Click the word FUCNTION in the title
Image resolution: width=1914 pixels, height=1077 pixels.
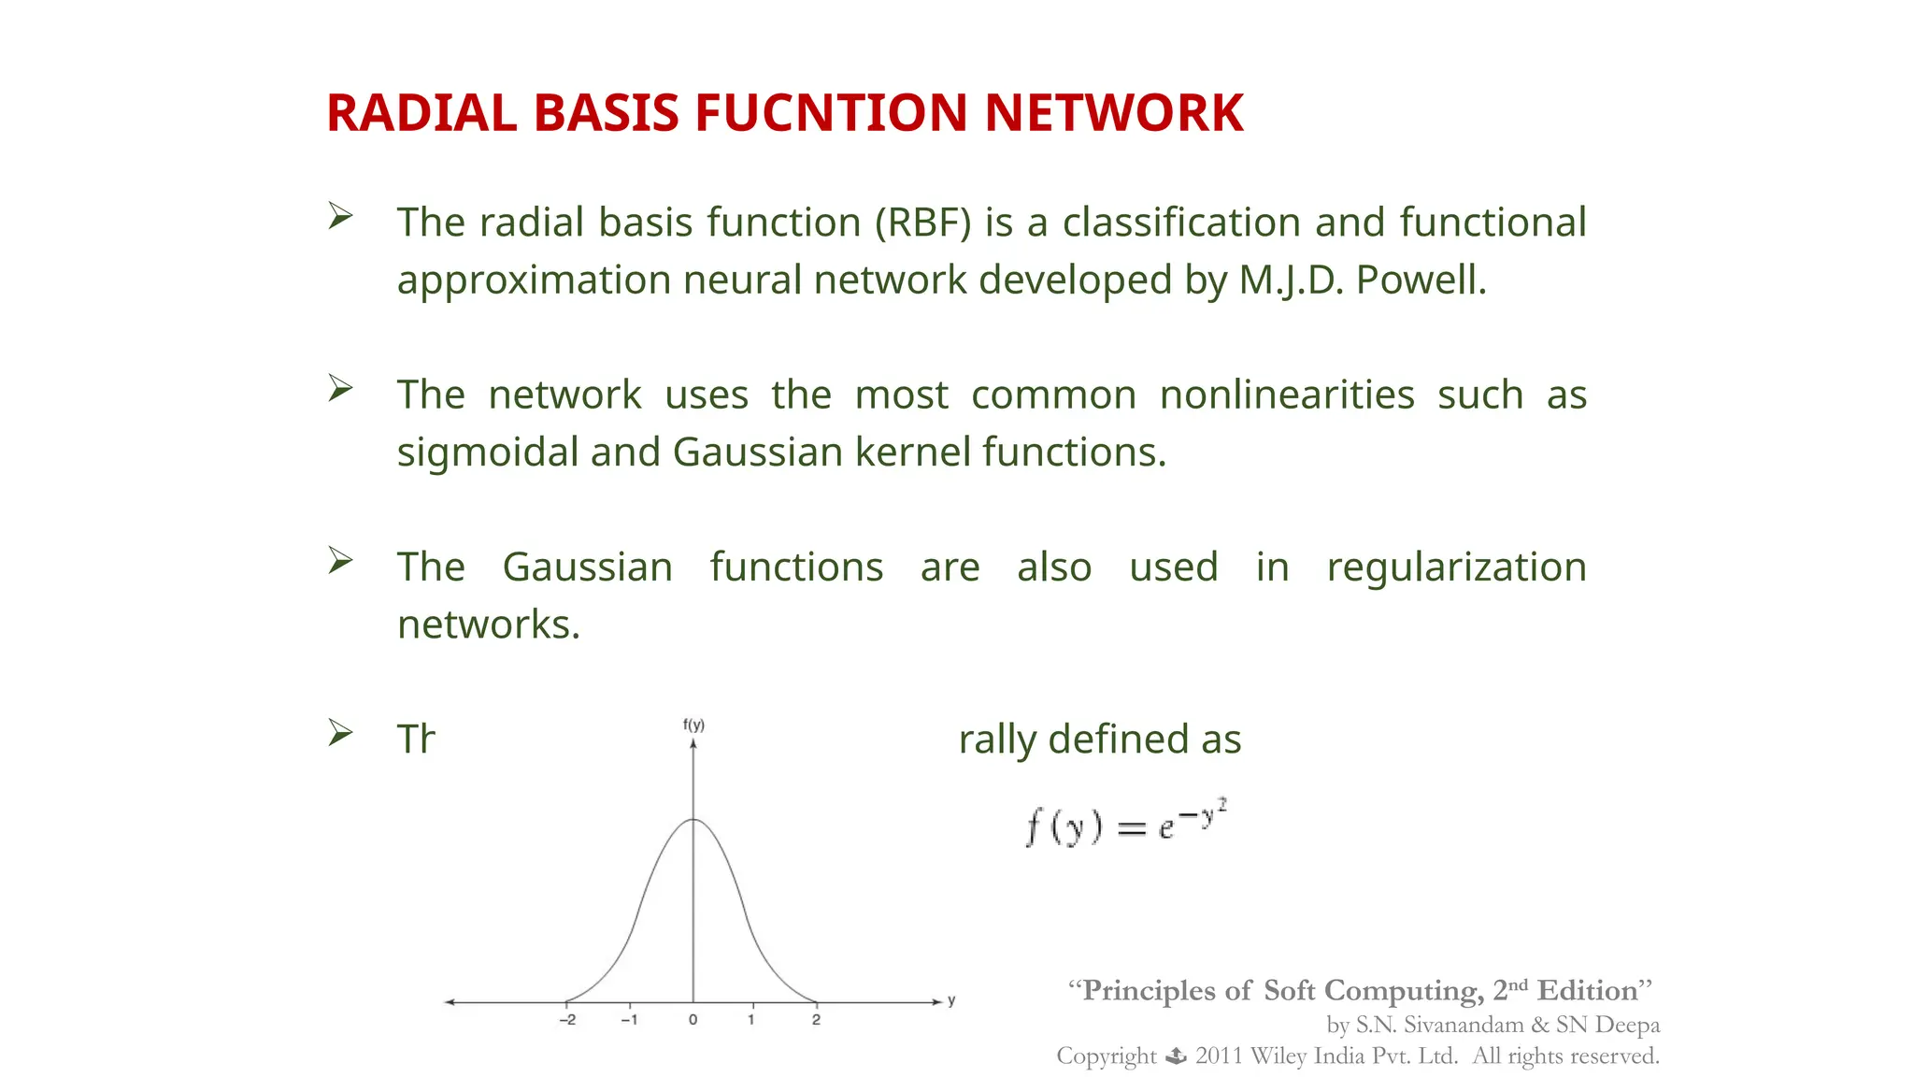[x=831, y=114]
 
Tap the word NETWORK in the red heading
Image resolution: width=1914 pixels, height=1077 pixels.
[x=1113, y=114]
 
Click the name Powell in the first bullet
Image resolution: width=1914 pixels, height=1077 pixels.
[x=1421, y=280]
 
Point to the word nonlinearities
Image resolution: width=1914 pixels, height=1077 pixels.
[x=1287, y=395]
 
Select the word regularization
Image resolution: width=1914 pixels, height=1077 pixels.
[x=1456, y=567]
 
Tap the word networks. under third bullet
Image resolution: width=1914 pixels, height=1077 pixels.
[x=489, y=625]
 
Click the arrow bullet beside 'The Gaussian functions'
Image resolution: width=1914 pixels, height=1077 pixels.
[x=340, y=561]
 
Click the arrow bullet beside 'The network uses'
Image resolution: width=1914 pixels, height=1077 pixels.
[x=340, y=389]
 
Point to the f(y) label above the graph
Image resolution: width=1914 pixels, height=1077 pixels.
[x=693, y=725]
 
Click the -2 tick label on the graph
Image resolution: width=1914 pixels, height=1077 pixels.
[x=567, y=1020]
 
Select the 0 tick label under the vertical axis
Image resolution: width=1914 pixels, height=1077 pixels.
[x=693, y=1020]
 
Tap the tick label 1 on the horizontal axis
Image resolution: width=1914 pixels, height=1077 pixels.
[x=750, y=1020]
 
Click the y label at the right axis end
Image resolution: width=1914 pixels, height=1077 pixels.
[x=951, y=1000]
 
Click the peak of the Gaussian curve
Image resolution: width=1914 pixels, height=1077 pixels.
[x=693, y=820]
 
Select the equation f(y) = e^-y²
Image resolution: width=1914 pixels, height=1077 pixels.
[x=1126, y=823]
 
